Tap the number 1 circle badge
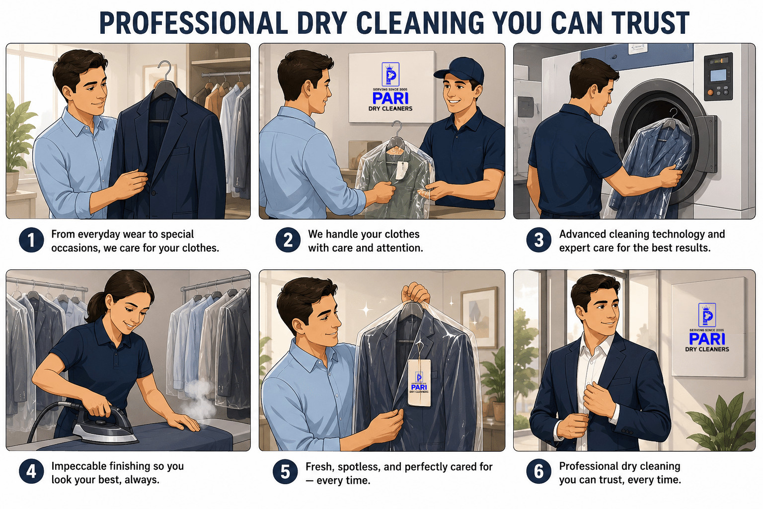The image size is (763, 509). [31, 240]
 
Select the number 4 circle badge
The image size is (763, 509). [31, 472]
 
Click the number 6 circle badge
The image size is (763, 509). [538, 472]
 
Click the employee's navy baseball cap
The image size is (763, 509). [460, 70]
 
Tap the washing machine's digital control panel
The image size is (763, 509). [718, 77]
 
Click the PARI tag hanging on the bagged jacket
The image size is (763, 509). [419, 383]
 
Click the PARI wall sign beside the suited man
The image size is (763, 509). [707, 331]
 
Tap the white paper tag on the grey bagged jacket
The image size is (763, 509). [402, 170]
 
